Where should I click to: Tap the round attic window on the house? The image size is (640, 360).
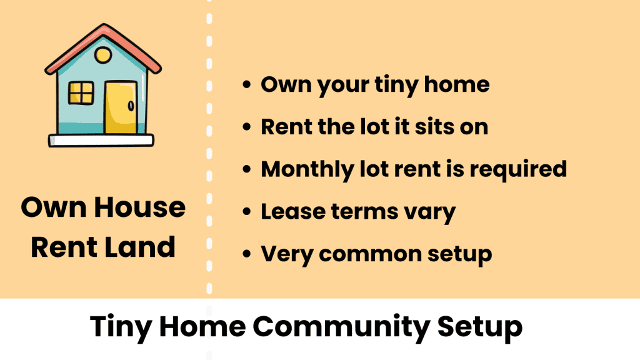click(103, 56)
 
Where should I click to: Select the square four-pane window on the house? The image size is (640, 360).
click(81, 94)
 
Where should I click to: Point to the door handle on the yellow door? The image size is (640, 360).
click(131, 107)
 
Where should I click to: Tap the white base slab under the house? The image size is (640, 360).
click(101, 140)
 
